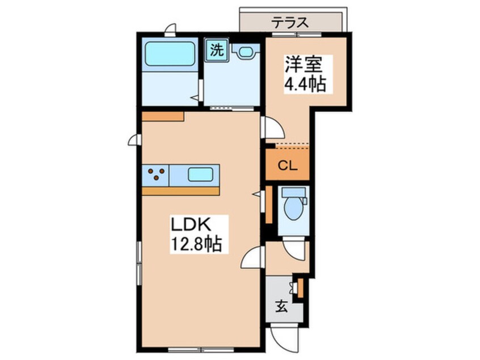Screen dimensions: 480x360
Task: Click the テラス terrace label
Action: pos(289,22)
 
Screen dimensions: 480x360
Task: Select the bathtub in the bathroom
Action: pos(170,54)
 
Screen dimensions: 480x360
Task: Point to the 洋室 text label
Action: pos(304,65)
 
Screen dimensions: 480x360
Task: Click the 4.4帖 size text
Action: pos(305,83)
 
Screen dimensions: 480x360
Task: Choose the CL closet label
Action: pos(288,166)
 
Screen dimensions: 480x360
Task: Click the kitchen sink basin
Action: pos(200,175)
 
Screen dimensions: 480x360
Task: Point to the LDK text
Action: pos(191,225)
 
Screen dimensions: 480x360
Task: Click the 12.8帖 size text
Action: pos(196,244)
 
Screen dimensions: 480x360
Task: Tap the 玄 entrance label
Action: pos(281,307)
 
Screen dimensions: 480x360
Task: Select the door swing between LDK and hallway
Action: pos(252,257)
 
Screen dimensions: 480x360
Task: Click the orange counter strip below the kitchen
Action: pos(181,191)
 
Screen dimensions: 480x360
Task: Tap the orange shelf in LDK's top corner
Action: pos(163,116)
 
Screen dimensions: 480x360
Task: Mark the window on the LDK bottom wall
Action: pos(201,349)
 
